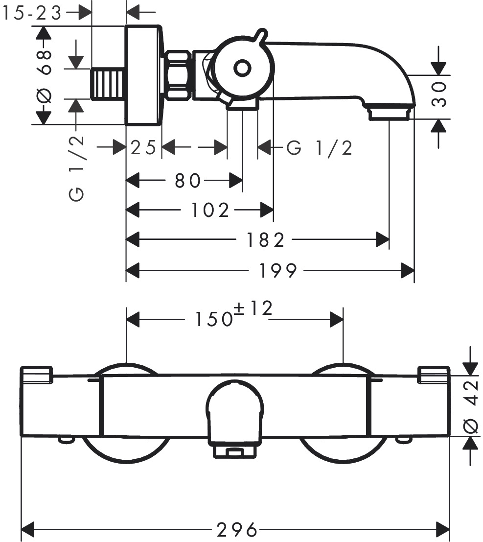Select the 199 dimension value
point(277,270)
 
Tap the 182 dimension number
point(265,240)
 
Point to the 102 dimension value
point(210,211)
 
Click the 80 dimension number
point(187,181)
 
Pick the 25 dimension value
point(143,147)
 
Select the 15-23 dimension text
point(32,13)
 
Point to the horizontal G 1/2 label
point(319,147)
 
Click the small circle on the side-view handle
point(242,68)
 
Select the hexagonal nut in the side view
point(179,75)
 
